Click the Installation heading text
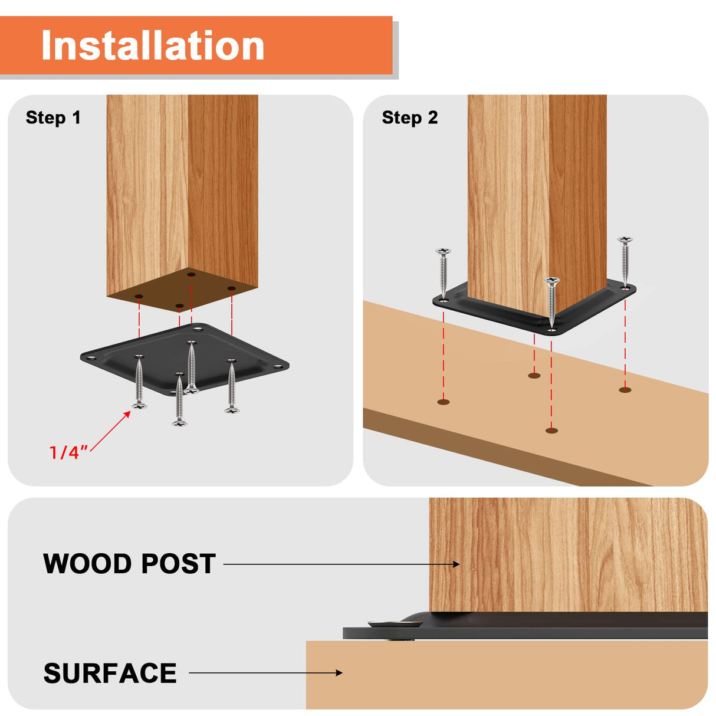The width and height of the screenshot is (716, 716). click(153, 46)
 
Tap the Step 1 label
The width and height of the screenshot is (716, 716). click(53, 117)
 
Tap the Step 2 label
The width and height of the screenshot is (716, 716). click(409, 117)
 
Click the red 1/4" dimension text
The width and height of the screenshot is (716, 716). click(67, 452)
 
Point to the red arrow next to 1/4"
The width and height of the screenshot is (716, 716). click(111, 431)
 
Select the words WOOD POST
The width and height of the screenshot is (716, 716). click(129, 564)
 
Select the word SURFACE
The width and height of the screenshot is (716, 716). click(110, 673)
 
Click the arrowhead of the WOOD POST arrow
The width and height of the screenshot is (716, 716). click(456, 564)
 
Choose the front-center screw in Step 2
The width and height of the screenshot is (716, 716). click(552, 303)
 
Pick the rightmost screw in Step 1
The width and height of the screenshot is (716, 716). click(232, 386)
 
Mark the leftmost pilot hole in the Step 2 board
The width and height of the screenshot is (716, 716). click(444, 402)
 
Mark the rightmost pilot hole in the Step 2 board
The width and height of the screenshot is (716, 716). click(625, 389)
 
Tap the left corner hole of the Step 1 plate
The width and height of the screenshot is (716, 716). click(91, 357)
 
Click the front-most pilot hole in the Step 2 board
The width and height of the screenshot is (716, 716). click(551, 431)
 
